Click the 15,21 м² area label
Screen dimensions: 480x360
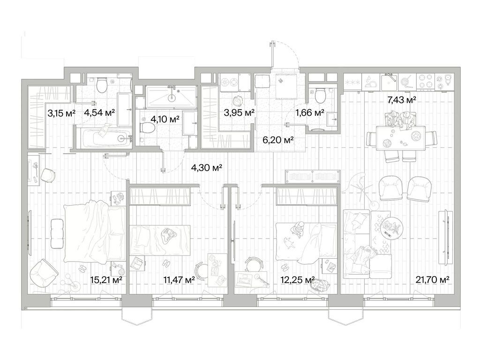tap(106, 279)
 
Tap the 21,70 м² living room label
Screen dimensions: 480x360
tap(432, 279)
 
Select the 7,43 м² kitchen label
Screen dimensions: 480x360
tap(402, 100)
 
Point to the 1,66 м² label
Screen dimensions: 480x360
tap(310, 113)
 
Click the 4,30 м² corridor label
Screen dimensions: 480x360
tap(206, 167)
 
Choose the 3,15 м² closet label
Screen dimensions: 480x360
tap(61, 113)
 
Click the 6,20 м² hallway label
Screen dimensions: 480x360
tap(278, 140)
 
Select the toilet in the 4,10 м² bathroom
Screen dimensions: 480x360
tap(148, 128)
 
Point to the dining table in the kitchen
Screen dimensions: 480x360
tap(400, 138)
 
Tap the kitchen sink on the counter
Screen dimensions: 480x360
tap(389, 82)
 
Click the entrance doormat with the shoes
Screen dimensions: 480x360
tap(286, 86)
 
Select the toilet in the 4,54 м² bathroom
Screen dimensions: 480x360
tap(101, 85)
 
